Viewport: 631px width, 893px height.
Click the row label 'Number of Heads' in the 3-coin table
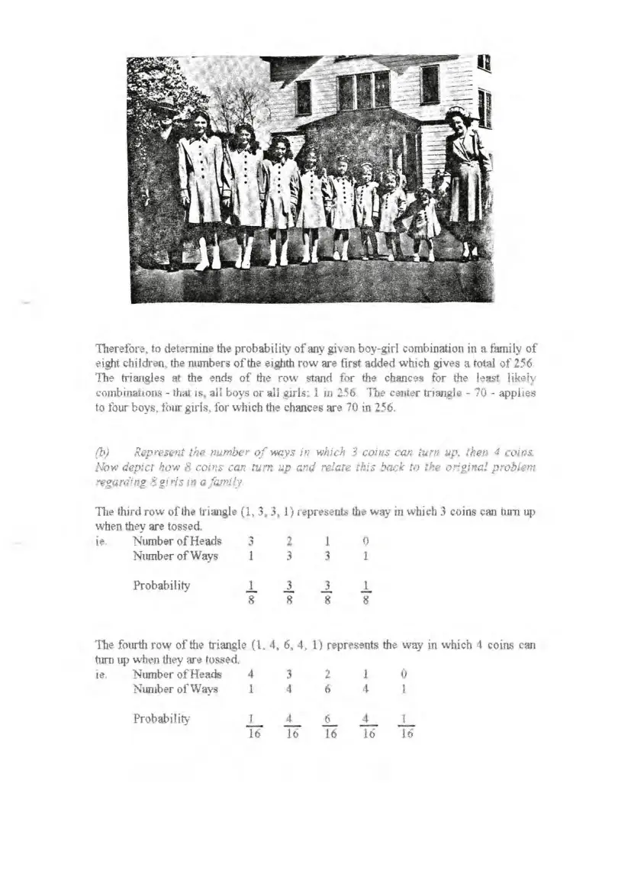pyautogui.click(x=177, y=541)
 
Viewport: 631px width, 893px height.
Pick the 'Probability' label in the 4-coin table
pyautogui.click(x=161, y=718)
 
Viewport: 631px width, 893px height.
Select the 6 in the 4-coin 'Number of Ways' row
pyautogui.click(x=327, y=689)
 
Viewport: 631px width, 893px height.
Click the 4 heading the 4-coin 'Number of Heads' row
pyautogui.click(x=251, y=674)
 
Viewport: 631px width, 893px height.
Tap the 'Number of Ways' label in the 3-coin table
pyautogui.click(x=175, y=556)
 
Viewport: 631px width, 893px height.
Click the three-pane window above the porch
pyautogui.click(x=363, y=90)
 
